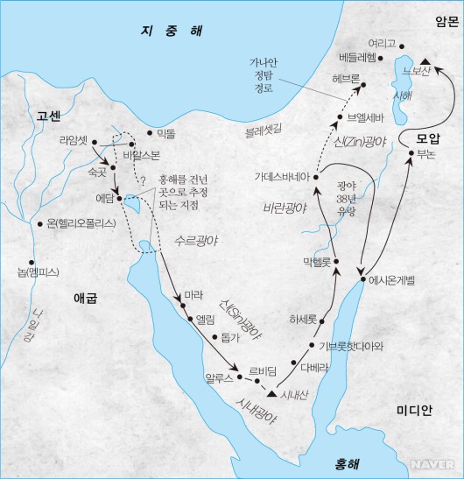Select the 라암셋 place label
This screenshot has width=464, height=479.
click(x=73, y=139)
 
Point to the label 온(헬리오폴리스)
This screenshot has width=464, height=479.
click(x=79, y=223)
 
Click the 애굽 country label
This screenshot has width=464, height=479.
click(x=86, y=298)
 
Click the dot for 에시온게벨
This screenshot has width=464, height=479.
click(x=362, y=280)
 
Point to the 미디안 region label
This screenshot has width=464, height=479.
click(x=413, y=409)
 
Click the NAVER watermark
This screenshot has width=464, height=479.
click(x=442, y=467)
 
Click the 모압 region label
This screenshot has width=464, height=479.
click(x=428, y=139)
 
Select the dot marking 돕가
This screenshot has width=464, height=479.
click(x=215, y=336)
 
